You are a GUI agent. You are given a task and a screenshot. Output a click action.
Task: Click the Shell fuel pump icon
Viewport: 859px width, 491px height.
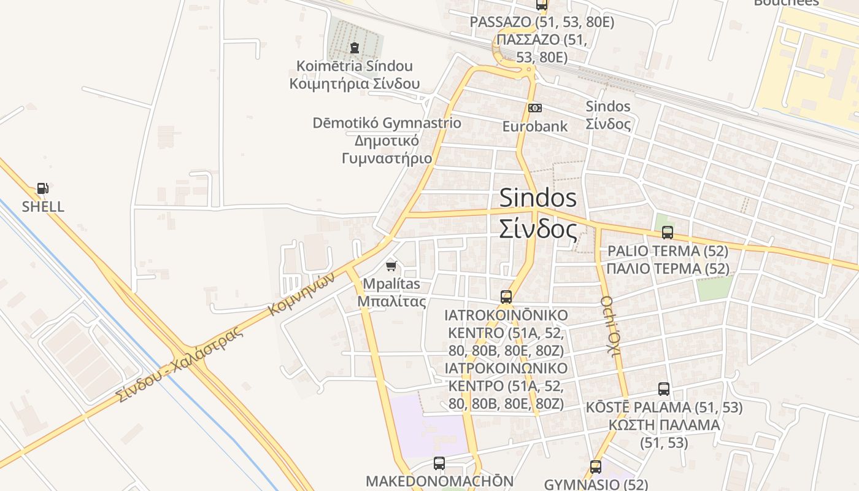coord(42,188)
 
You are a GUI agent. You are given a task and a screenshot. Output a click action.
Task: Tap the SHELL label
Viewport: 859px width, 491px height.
coord(43,207)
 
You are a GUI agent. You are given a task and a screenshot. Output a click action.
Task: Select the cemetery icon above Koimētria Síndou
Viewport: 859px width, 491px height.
coord(354,47)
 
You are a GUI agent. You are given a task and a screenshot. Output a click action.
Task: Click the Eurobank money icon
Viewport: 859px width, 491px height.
coord(535,108)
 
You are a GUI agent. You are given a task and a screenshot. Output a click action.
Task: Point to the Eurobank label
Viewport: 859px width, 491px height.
coord(535,126)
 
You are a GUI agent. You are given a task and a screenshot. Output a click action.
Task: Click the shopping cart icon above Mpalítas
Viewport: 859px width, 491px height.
coord(391,266)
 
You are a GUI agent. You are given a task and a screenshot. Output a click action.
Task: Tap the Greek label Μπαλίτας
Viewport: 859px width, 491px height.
coord(391,301)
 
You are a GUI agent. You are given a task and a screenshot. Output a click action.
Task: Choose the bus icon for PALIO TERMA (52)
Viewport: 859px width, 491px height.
coord(668,233)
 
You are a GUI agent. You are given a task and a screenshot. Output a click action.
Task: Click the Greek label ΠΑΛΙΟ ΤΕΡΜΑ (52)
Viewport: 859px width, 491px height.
coord(668,269)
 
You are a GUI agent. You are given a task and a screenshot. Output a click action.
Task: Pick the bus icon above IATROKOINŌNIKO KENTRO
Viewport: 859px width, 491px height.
coord(506,297)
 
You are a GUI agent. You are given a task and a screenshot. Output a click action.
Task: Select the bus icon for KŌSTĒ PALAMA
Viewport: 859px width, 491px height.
coord(664,389)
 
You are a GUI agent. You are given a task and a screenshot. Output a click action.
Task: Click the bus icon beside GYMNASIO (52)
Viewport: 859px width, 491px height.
coord(595,467)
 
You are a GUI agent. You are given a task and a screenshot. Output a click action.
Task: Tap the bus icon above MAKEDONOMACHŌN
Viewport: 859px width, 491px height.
coord(439,463)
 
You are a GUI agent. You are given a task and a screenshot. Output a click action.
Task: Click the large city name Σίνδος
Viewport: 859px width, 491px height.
coord(537,230)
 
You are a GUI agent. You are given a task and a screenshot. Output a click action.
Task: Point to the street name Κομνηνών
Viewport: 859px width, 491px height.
coord(302,294)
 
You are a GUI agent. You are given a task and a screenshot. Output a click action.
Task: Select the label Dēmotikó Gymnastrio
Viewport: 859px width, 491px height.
coord(387,123)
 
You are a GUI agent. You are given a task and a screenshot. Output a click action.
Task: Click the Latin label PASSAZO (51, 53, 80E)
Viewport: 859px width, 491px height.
coord(542,22)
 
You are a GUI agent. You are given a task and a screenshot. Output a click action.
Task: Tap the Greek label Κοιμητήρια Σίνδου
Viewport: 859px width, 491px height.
coord(355,83)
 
